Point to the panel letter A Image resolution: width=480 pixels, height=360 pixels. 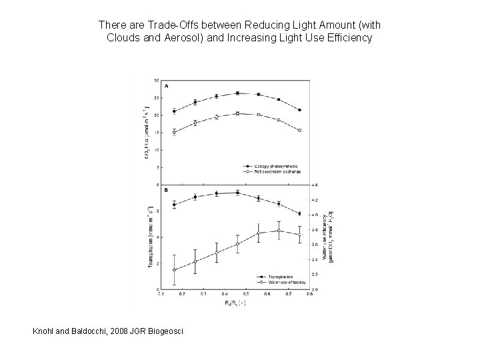(x=166, y=87)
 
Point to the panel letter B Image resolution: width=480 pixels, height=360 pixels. (x=166, y=191)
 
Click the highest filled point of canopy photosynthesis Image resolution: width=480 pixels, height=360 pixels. (x=237, y=93)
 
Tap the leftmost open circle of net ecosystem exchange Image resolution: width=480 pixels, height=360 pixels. (x=174, y=132)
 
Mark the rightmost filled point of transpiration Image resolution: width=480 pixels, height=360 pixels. (x=299, y=214)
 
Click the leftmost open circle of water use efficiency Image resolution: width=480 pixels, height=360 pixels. (x=174, y=270)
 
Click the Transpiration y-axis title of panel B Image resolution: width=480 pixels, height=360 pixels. (x=150, y=237)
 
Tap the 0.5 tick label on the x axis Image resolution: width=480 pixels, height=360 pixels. (x=245, y=293)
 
